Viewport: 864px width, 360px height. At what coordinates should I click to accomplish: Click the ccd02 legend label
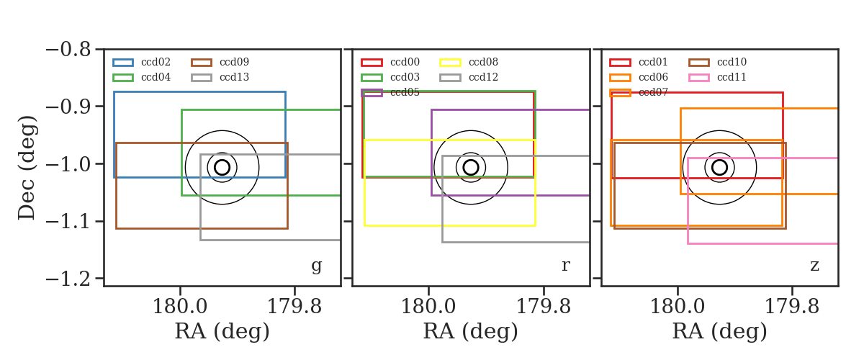coord(156,62)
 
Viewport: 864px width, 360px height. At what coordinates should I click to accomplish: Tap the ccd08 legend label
coord(483,62)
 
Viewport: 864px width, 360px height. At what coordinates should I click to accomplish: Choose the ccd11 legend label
coord(732,77)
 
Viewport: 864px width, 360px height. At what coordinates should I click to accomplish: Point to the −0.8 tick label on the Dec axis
coord(68,50)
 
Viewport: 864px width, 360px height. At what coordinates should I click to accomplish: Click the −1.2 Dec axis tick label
coord(68,279)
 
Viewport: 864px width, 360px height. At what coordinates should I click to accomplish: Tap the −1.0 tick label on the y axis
coord(68,164)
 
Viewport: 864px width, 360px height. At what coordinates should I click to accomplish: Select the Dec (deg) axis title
coord(27,168)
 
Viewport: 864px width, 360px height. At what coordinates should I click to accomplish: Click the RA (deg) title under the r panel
coord(471,331)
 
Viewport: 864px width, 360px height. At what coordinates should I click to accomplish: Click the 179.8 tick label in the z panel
coord(791,307)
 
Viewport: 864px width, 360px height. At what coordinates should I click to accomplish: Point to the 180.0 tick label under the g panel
coord(180,307)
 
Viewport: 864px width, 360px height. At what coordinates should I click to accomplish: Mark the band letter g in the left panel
coord(317,266)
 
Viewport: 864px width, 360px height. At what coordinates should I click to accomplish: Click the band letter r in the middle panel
coord(566,265)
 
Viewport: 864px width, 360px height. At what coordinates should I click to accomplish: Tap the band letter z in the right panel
coord(814,266)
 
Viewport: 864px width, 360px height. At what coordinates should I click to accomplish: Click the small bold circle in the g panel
coord(222,168)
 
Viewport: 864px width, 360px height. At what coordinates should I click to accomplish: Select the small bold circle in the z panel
coord(719,168)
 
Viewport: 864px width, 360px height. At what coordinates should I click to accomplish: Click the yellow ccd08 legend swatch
coord(450,63)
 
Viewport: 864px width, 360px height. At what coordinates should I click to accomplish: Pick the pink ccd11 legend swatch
coord(698,78)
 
